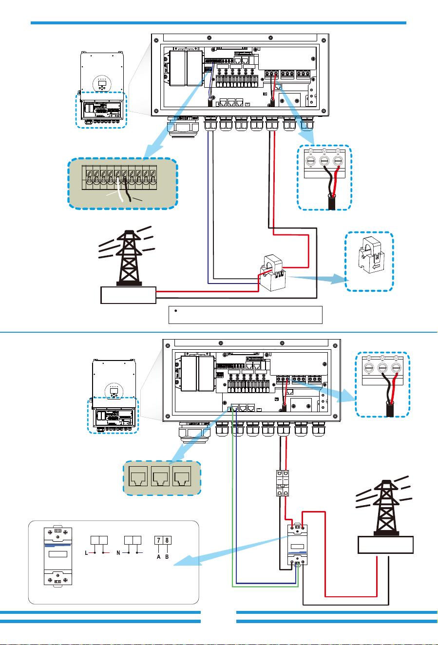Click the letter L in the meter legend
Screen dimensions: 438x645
pyautogui.click(x=86, y=553)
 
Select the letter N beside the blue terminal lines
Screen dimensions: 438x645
pyautogui.click(x=118, y=553)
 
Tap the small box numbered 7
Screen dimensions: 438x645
pyautogui.click(x=159, y=540)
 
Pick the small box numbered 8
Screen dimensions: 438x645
pyautogui.click(x=167, y=540)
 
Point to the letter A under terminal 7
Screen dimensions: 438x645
pyautogui.click(x=158, y=557)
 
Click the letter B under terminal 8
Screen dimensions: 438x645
pyautogui.click(x=167, y=557)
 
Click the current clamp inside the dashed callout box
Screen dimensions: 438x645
pyautogui.click(x=371, y=255)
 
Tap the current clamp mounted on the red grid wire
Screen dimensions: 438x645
pyautogui.click(x=272, y=272)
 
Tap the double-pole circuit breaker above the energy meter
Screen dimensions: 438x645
pyautogui.click(x=283, y=483)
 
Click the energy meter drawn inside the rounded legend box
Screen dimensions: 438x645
pyautogui.click(x=58, y=556)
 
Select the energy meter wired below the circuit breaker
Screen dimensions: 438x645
pyautogui.click(x=298, y=544)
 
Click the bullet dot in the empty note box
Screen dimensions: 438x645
pyautogui.click(x=176, y=311)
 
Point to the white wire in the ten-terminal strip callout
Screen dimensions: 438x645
pyautogui.click(x=119, y=190)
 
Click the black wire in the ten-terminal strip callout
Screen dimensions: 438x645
pyautogui.click(x=127, y=190)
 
